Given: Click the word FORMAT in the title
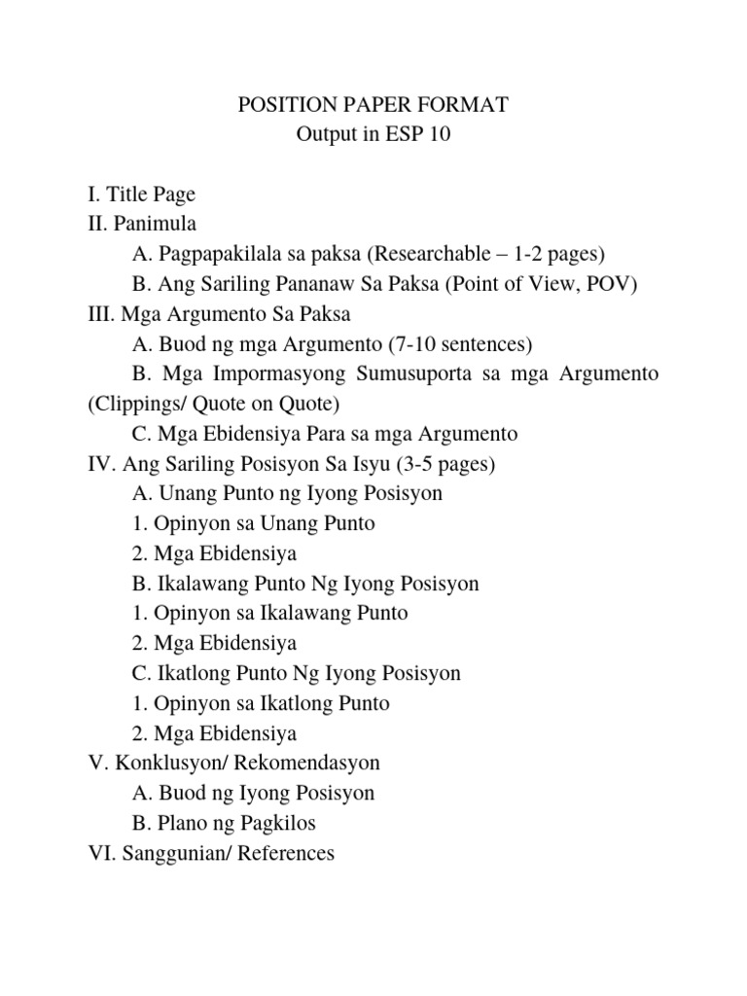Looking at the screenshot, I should click(x=461, y=105).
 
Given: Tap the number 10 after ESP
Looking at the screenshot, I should click(x=441, y=135).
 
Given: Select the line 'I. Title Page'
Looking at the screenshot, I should click(x=141, y=195).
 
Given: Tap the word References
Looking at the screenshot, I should click(x=284, y=853).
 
